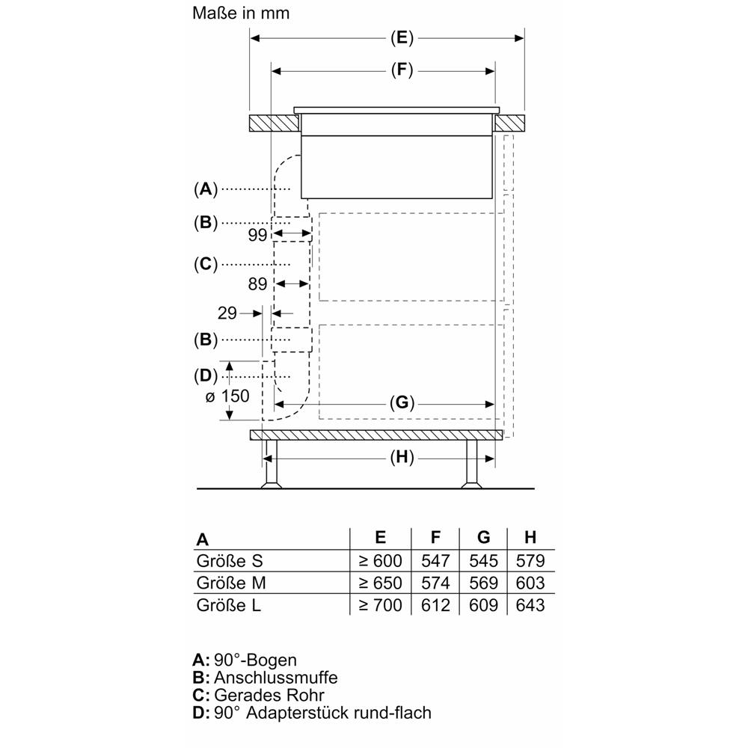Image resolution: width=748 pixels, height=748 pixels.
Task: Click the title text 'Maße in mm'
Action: click(241, 13)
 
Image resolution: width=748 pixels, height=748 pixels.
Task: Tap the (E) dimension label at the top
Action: click(402, 37)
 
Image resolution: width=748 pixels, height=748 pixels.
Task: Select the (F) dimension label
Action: click(402, 70)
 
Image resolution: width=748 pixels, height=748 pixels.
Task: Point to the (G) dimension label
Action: click(402, 404)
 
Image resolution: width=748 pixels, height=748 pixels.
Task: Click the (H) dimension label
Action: click(402, 458)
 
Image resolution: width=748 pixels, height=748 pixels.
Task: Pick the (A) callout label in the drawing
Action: click(206, 189)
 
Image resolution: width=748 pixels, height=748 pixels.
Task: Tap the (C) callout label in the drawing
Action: click(206, 264)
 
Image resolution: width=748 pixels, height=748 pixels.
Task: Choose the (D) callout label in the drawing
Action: click(206, 376)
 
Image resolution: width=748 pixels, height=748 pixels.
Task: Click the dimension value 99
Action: click(257, 235)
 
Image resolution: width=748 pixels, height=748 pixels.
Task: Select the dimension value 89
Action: click(257, 284)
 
